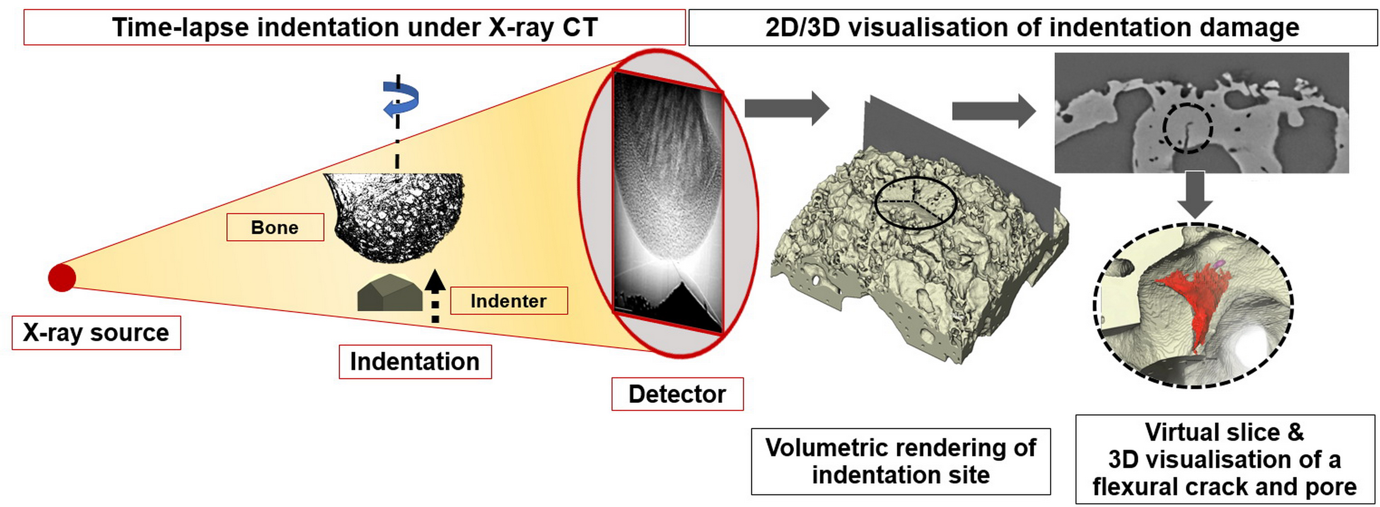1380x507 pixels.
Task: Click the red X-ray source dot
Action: tap(62, 277)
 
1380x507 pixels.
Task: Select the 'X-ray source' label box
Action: tap(96, 333)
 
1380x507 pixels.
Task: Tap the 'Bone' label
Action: tap(275, 227)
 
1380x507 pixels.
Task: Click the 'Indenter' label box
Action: tap(508, 301)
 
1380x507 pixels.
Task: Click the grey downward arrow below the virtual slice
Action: tap(1195, 194)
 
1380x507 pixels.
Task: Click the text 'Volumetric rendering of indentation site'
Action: tap(901, 461)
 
